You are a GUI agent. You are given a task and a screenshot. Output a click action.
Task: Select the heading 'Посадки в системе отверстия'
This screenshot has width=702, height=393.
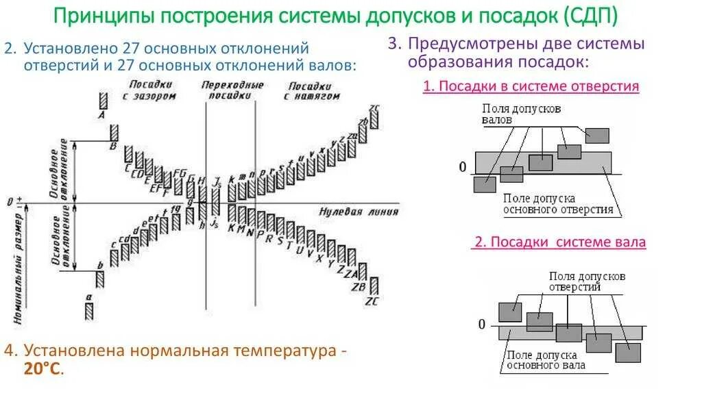click(x=531, y=86)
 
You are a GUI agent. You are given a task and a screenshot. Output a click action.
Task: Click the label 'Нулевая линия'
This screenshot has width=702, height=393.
click(x=350, y=211)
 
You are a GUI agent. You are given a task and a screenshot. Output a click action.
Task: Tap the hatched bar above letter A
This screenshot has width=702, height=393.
click(x=102, y=100)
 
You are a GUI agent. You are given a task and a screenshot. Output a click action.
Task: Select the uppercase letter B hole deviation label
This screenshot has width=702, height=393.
click(x=114, y=145)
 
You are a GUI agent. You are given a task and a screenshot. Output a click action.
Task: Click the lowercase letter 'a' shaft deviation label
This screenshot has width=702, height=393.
click(x=88, y=296)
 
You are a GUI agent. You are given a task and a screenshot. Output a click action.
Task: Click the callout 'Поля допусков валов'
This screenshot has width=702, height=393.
click(x=521, y=114)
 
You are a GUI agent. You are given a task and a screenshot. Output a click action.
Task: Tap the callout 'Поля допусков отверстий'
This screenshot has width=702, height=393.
click(x=586, y=281)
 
